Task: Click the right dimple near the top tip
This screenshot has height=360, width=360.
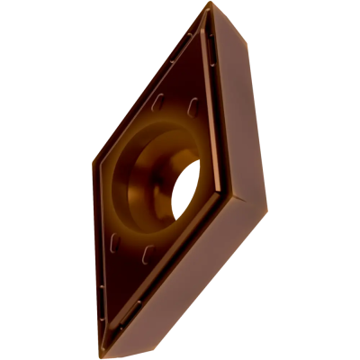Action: [193, 106]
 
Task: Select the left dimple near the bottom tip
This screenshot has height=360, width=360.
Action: [112, 242]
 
